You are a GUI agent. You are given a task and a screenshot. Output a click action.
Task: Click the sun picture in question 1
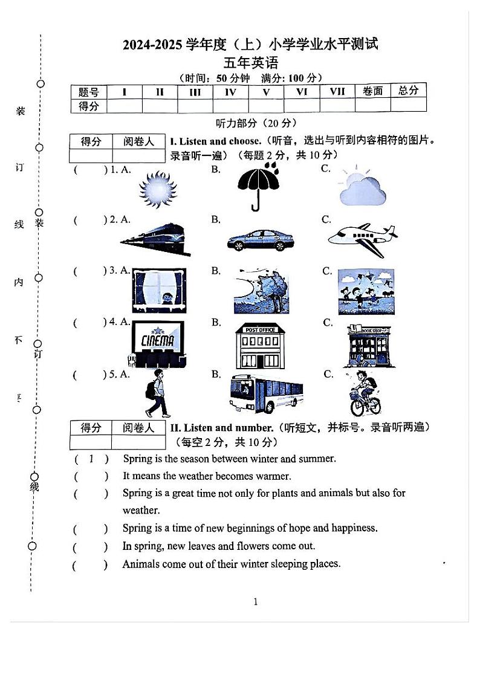157,188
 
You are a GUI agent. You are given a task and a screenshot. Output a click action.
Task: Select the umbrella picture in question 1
258,186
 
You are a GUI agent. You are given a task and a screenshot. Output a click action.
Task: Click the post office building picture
261,345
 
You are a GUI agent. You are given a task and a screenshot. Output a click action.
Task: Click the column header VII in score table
337,91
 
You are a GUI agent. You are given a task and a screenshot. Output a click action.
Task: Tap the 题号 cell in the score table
88,92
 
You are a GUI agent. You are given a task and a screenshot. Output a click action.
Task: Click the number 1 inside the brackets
91,459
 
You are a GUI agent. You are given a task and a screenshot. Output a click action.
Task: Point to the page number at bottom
256,601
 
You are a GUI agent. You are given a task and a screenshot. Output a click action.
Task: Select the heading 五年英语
251,62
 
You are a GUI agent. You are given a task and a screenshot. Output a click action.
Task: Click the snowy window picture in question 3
159,291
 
